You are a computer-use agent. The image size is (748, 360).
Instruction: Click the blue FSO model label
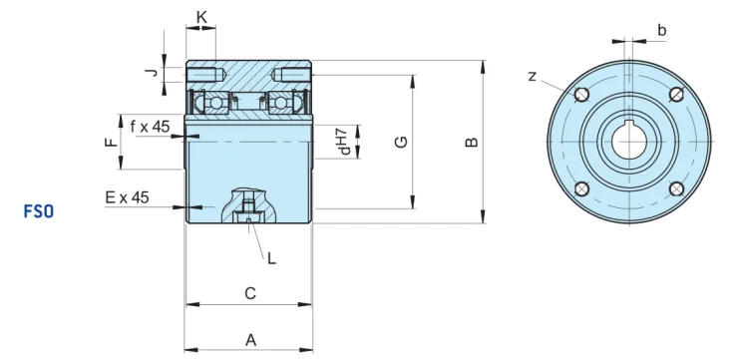click(39, 211)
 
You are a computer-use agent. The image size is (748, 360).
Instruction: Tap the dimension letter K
click(201, 17)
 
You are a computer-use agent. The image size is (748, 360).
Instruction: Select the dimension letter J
click(152, 73)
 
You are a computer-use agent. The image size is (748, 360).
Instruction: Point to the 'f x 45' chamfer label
click(150, 127)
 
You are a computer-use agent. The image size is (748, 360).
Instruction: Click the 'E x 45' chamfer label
click(127, 197)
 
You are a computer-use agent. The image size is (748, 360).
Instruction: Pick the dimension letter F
click(111, 142)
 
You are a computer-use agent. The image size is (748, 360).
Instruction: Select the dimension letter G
click(402, 142)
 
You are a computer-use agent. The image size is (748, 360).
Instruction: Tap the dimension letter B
click(472, 142)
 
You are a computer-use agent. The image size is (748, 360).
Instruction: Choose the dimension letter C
click(250, 293)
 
